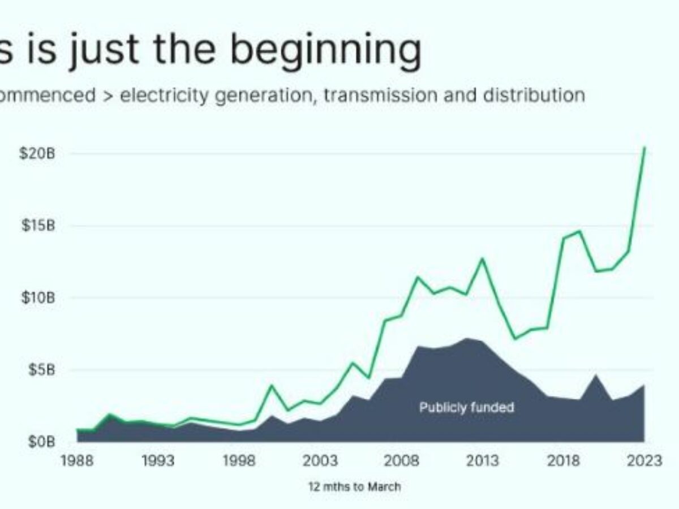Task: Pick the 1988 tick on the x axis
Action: tap(78, 461)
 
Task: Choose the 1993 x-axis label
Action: tap(158, 461)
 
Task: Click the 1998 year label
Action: tap(239, 461)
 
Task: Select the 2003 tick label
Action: tap(321, 461)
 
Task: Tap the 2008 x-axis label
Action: tap(402, 461)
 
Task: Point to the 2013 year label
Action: tap(483, 461)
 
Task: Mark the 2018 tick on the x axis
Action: tap(564, 461)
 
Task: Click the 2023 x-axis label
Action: tap(644, 461)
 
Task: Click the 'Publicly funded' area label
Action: tap(466, 407)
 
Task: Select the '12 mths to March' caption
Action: tap(354, 486)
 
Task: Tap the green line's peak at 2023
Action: tap(644, 148)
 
